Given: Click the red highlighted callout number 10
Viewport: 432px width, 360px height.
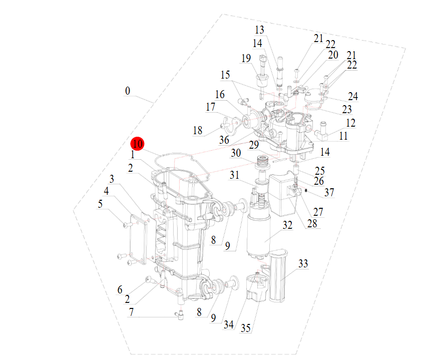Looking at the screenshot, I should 138,144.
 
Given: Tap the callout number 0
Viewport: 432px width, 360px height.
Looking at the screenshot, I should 128,91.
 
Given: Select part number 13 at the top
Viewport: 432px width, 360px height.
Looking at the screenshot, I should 259,30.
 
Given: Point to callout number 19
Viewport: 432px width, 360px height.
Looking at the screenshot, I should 245,59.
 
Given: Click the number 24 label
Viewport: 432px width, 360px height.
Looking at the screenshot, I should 353,96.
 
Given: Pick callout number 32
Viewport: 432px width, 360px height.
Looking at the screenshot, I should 287,225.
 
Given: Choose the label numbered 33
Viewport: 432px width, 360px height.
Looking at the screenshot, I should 303,263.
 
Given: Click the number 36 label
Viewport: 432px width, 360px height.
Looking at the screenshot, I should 224,141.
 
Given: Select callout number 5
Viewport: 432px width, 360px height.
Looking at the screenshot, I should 100,204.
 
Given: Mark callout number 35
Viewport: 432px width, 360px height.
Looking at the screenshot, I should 246,328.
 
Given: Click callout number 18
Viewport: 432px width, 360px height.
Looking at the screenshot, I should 198,131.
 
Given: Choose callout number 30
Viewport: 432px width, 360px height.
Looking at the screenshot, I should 236,153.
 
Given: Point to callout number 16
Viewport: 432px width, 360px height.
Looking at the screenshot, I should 220,95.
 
